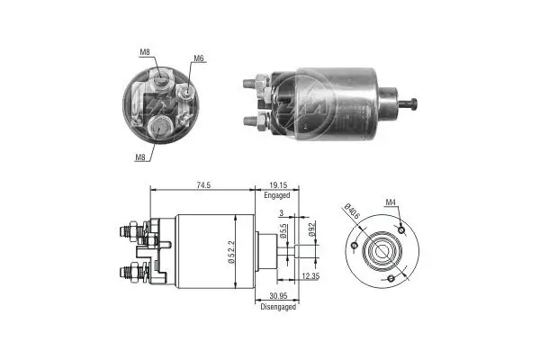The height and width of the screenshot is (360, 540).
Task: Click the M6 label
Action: click(x=198, y=59)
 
